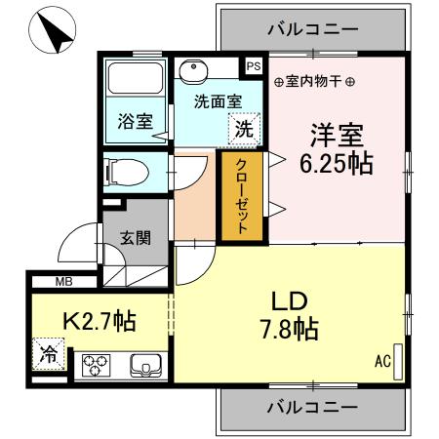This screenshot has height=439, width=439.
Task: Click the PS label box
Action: click(254, 66)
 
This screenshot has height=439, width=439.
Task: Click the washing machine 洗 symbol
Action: click(246, 127)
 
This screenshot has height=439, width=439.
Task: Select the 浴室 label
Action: click(135, 122)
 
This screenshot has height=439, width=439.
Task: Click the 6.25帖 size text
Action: click(336, 163)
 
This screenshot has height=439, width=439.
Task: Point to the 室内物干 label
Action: click(314, 81)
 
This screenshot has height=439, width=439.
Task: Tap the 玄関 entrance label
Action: click(135, 236)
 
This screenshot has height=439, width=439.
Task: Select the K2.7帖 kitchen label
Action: click(99, 320)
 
